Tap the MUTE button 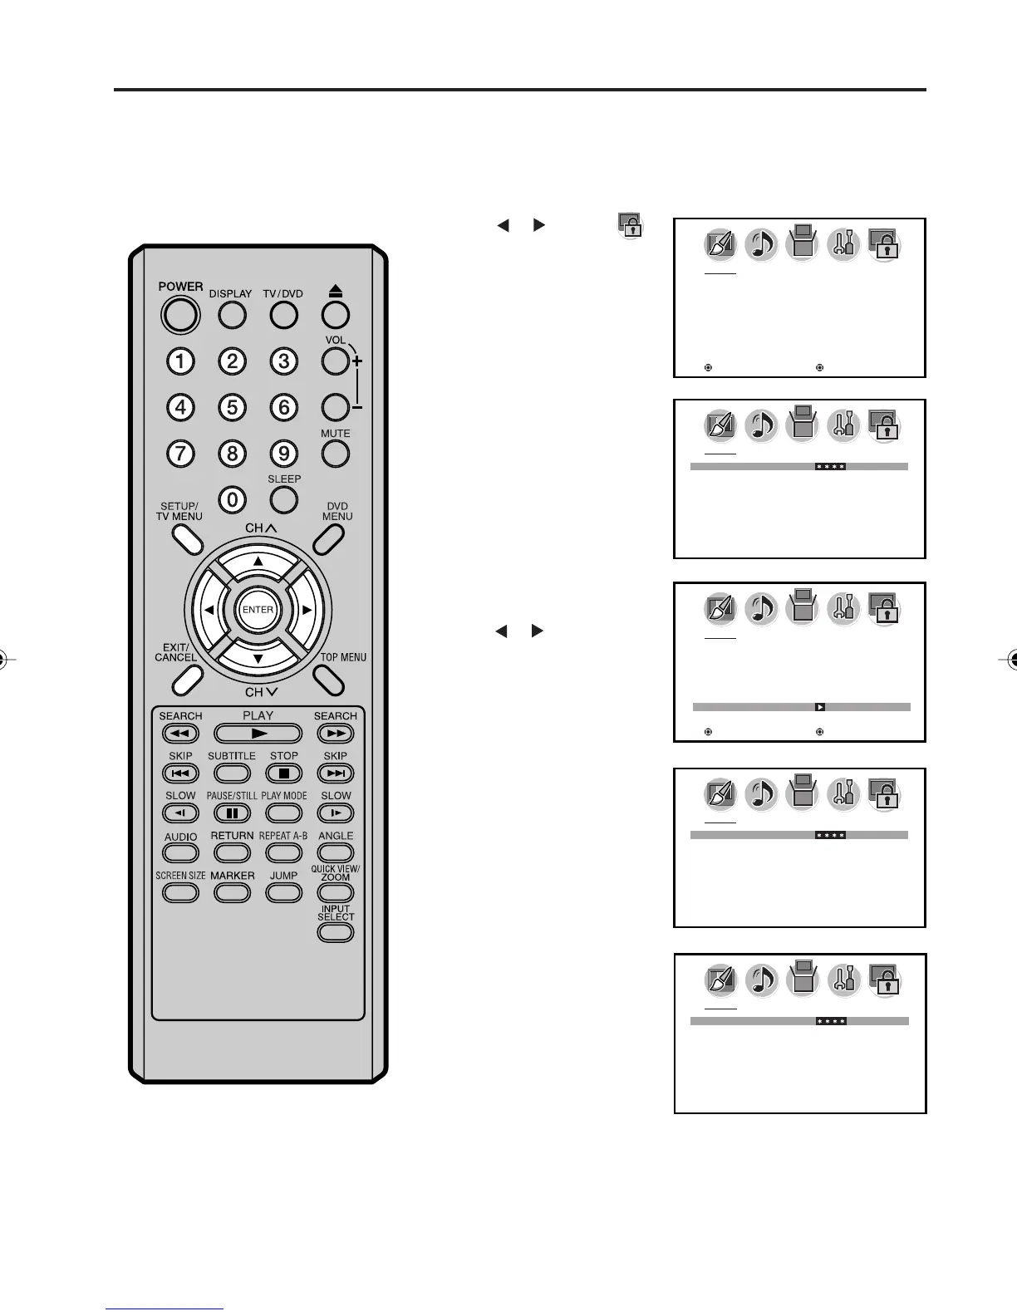pos(335,454)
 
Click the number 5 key pos(232,408)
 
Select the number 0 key pos(232,499)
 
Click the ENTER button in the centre pos(258,610)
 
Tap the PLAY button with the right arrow pos(258,734)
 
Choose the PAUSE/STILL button pos(232,813)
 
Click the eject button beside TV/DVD pos(335,315)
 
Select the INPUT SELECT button pos(335,932)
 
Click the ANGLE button pos(335,853)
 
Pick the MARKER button pos(232,893)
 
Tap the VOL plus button pos(335,361)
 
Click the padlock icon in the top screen pos(884,245)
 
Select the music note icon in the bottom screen pos(761,981)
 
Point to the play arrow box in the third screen pos(819,707)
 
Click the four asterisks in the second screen pos(830,467)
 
